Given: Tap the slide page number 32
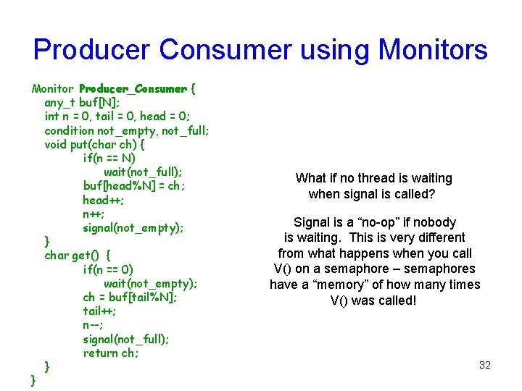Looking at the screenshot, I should point(485,365).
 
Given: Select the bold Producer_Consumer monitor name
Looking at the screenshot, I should point(133,89).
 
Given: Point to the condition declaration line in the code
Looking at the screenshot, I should point(127,130).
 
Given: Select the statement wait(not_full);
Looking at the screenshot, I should point(143,172).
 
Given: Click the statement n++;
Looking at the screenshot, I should point(94,214).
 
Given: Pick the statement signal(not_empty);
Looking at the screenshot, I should point(133,227).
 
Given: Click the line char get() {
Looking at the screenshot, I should point(78,255).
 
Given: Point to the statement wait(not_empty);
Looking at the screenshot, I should point(150,283).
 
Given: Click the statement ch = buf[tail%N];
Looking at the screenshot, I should point(130,297).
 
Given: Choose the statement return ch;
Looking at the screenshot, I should point(110,353).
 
